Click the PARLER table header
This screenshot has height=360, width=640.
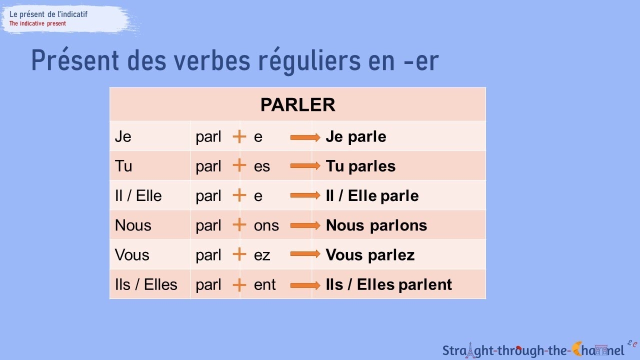pos(297,105)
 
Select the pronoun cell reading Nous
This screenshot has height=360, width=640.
pos(133,225)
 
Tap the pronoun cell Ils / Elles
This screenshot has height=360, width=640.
pos(146,284)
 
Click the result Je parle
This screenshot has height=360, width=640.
pos(355,136)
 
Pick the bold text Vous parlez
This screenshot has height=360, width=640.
pos(370,255)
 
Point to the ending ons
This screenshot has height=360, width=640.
pos(266,225)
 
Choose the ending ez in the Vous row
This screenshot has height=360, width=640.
pos(262,255)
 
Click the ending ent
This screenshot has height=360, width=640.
pos(264,284)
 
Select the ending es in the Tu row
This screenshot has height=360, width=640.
pos(262,166)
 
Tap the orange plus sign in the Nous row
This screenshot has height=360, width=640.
pos(239,225)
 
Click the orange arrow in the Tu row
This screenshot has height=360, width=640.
pos(305,166)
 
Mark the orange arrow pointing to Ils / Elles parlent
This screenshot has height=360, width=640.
pos(305,284)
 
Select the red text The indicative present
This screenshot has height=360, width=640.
pos(37,23)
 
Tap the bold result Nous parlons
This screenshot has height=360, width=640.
pos(376,225)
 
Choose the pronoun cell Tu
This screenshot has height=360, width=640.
pos(123,166)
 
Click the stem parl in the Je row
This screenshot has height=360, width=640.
pos(208,137)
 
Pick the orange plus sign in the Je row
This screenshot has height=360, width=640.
pos(239,136)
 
